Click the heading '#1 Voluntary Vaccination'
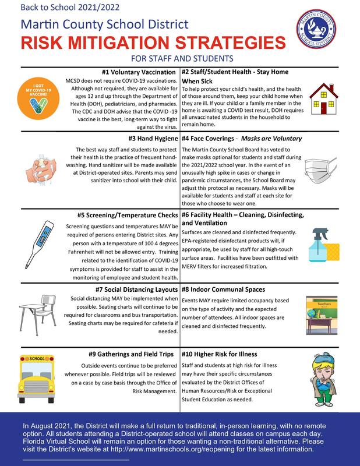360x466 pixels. [x=139, y=72]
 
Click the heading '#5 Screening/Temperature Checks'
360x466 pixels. [x=127, y=214]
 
